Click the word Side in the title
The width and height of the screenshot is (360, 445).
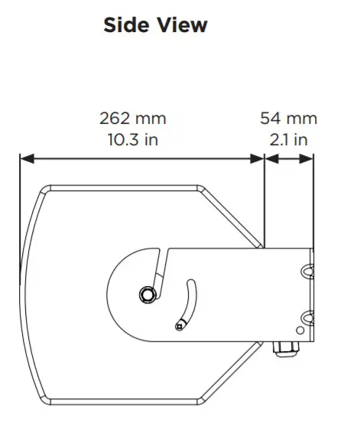[126, 25]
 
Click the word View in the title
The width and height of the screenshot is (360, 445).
[182, 25]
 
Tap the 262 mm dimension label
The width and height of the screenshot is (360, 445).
[132, 119]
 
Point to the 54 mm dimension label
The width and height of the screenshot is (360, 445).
[288, 119]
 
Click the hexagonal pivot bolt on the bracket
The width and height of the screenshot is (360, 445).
[145, 295]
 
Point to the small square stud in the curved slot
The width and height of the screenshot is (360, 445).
[179, 326]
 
